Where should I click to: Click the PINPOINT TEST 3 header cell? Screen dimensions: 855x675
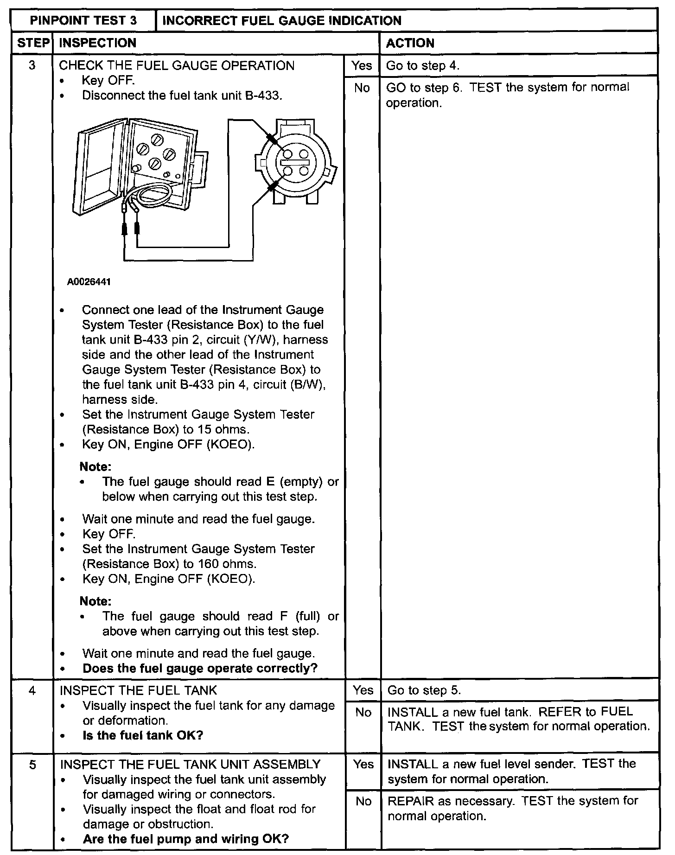click(x=83, y=21)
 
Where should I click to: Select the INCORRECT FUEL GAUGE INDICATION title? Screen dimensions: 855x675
click(x=282, y=21)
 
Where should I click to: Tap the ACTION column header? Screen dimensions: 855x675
click(x=410, y=43)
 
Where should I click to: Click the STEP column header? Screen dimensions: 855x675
click(x=32, y=43)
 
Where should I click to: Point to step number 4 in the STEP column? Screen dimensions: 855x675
click(x=32, y=690)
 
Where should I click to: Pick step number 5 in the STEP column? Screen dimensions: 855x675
click(x=32, y=765)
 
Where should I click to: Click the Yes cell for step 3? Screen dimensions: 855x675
click(x=362, y=65)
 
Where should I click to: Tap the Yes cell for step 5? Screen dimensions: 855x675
click(x=363, y=764)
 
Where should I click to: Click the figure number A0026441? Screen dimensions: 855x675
click(x=89, y=281)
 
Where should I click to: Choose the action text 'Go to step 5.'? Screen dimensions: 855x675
click(x=424, y=690)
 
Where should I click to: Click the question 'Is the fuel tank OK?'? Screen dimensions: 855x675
click(x=143, y=735)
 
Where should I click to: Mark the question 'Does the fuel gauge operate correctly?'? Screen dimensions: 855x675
click(x=200, y=668)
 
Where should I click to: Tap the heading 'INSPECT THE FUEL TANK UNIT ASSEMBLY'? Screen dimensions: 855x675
click(x=190, y=764)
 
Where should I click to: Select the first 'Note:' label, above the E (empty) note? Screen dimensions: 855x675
click(x=96, y=466)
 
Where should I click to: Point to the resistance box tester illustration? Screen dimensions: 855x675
click(x=139, y=172)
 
